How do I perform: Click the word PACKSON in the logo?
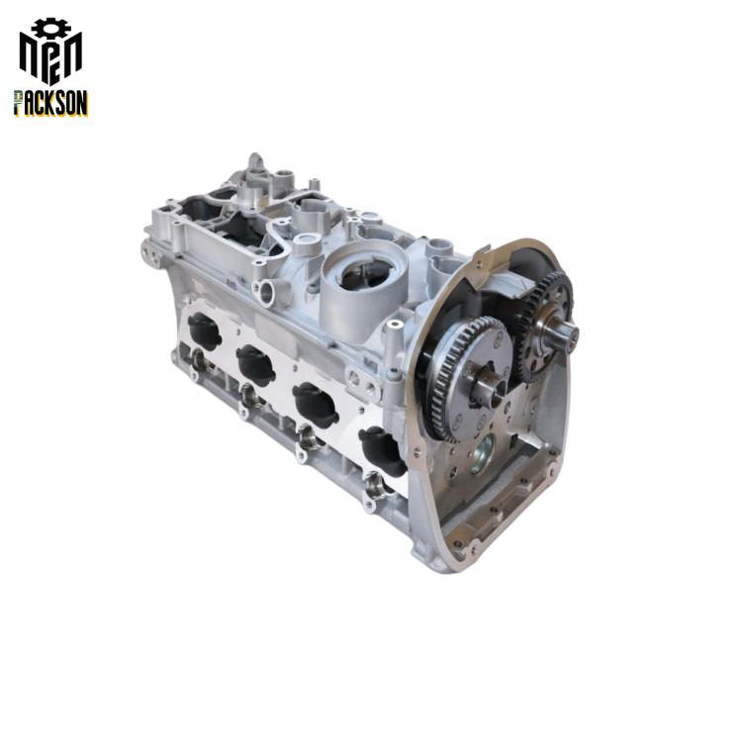[51, 103]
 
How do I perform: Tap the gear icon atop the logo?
[51, 28]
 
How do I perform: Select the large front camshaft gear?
[464, 379]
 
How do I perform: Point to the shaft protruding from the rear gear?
[568, 332]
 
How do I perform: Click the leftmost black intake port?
[205, 331]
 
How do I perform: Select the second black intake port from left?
[256, 365]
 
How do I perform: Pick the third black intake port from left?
[315, 406]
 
